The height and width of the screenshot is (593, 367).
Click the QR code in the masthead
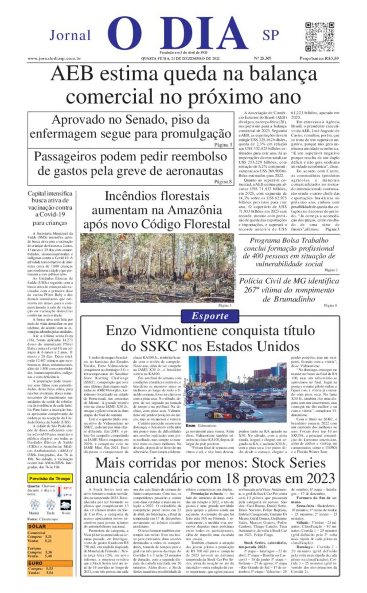pos(319,37)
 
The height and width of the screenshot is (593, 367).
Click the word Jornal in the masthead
pos(70,35)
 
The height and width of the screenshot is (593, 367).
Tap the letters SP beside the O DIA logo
pos(271,35)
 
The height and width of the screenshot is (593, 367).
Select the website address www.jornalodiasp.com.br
pos(54,58)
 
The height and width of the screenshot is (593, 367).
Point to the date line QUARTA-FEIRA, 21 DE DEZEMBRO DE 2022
pos(180,58)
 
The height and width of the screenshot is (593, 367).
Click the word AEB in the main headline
pos(72,74)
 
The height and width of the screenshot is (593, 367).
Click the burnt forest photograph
pos(157,268)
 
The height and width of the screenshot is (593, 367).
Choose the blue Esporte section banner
pos(210,316)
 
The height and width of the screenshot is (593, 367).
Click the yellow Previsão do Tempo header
pos(50,478)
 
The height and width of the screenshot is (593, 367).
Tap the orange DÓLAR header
pos(37,526)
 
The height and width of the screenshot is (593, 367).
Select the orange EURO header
pos(35,563)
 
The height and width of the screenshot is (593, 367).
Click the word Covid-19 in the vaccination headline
pos(53,214)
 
